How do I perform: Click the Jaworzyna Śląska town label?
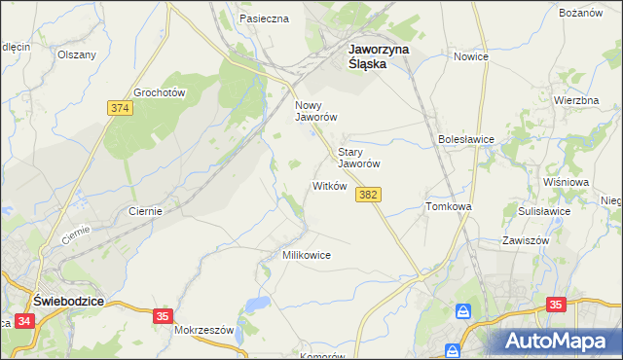click(x=380, y=55)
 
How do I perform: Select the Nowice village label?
click(x=470, y=56)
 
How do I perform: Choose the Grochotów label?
click(x=160, y=91)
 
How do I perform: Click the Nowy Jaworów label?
click(x=315, y=110)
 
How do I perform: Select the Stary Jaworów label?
click(x=357, y=158)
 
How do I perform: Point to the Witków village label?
click(x=329, y=186)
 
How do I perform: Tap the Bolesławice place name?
click(x=466, y=139)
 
